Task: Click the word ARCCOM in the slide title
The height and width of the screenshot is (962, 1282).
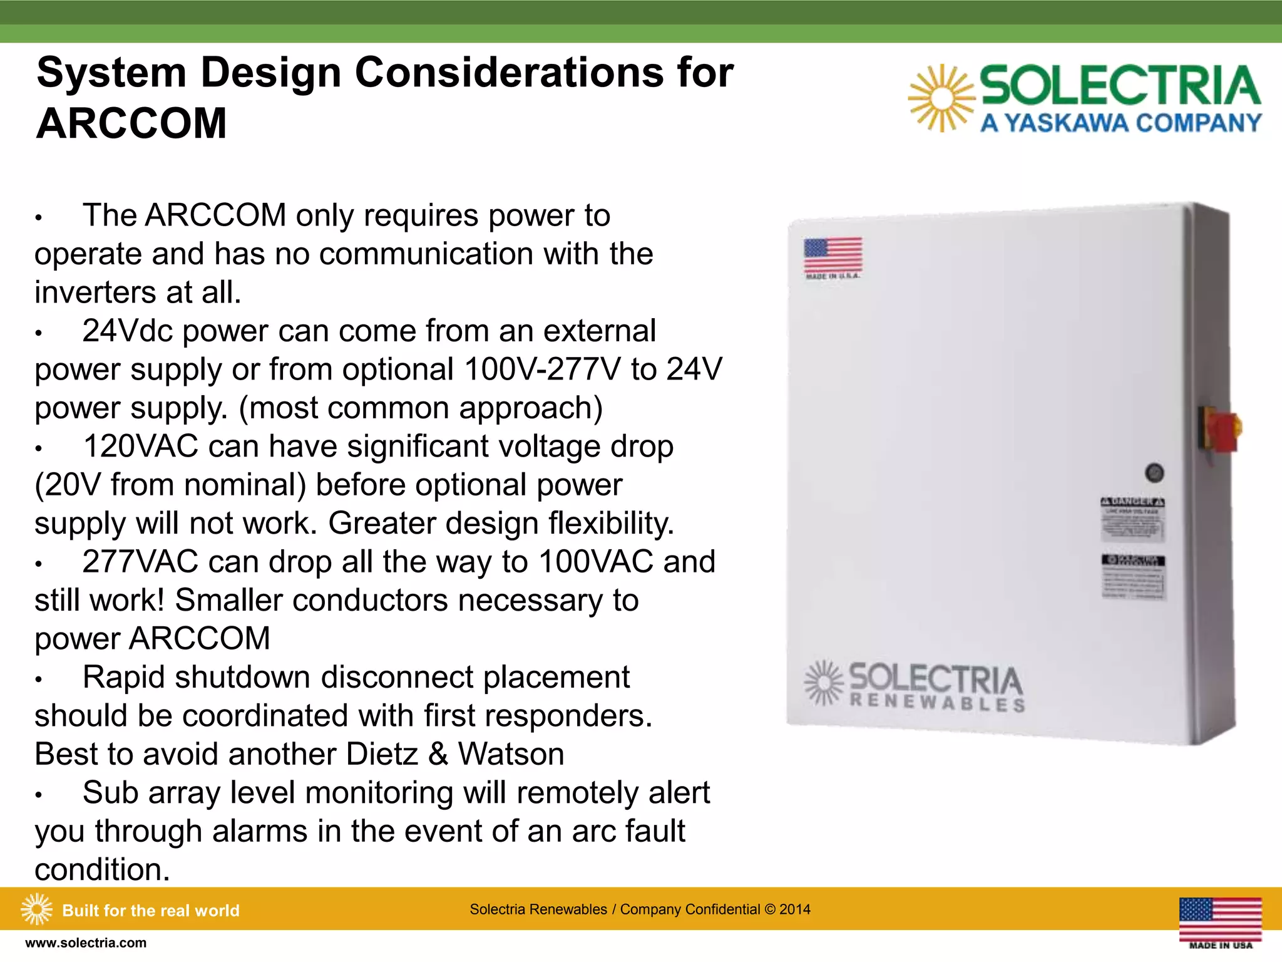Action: [x=131, y=123]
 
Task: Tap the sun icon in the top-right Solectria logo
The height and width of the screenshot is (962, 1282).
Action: [x=941, y=98]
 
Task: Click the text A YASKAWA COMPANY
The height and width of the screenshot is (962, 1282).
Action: [x=1120, y=123]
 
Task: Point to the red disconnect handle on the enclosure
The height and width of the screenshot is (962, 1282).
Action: [x=1221, y=430]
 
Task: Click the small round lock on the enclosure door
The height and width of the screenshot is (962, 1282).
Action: [x=1154, y=473]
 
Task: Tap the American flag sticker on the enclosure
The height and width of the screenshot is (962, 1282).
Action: [x=833, y=255]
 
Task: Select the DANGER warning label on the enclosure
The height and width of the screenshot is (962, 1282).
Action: [x=1132, y=519]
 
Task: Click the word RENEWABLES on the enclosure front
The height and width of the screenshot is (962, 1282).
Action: [x=937, y=702]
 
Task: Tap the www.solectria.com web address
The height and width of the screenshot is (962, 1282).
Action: [x=86, y=943]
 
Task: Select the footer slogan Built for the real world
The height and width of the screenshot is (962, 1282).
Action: [x=151, y=910]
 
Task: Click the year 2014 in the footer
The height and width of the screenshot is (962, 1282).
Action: [x=794, y=909]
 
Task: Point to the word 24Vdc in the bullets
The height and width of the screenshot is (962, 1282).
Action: [x=128, y=331]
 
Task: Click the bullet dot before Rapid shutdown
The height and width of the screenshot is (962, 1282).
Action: [x=39, y=680]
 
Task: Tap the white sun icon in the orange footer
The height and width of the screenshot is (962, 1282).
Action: [x=36, y=909]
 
